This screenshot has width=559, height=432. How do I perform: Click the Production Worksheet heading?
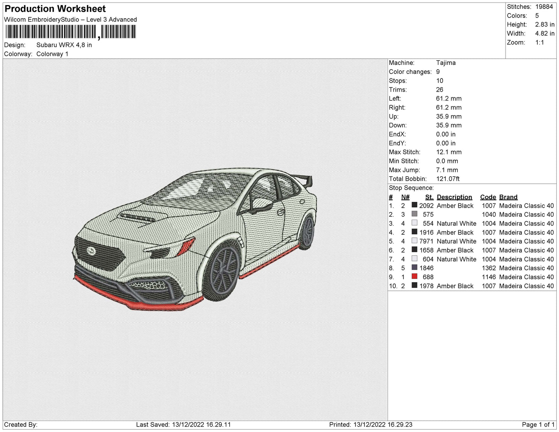click(x=55, y=9)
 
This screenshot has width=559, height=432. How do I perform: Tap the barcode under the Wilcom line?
click(x=70, y=32)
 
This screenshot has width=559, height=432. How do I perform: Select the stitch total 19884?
click(x=544, y=7)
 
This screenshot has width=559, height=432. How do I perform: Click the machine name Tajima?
click(x=446, y=63)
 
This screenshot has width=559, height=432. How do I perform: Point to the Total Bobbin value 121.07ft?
click(x=448, y=179)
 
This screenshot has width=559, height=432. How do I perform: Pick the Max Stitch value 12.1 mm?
click(x=449, y=152)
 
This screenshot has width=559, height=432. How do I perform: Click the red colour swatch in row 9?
click(x=414, y=277)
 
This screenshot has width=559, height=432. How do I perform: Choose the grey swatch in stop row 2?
click(x=414, y=214)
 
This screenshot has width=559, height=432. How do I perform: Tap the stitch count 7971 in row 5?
click(x=426, y=241)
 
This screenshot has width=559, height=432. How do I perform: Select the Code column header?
click(x=488, y=197)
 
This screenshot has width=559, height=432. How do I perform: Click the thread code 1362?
click(x=489, y=268)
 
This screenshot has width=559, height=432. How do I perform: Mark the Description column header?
click(x=454, y=197)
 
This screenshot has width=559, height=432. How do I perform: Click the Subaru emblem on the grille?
click(x=91, y=251)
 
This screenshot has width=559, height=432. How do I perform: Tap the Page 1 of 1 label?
click(x=538, y=425)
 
